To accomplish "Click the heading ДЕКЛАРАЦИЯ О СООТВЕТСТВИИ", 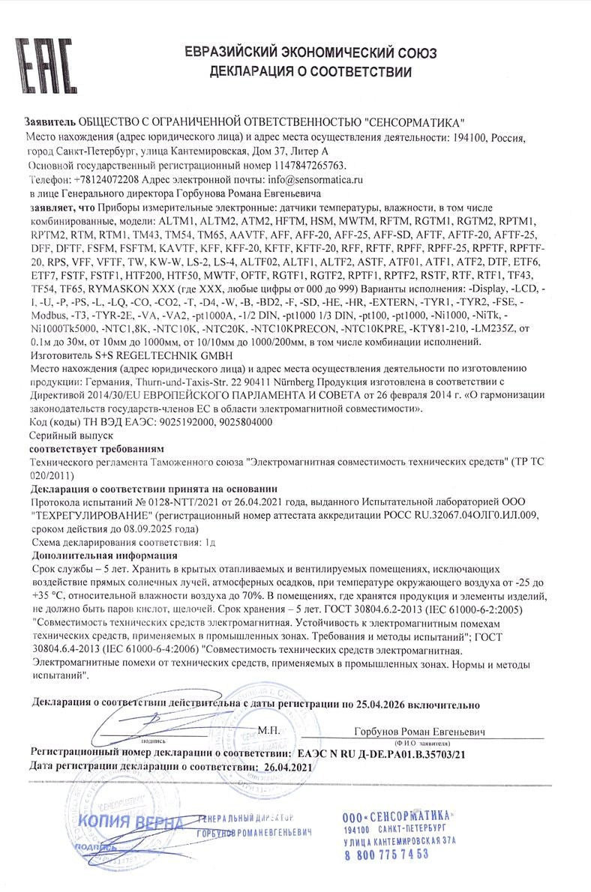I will (310, 72).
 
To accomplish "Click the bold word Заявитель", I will (49, 121).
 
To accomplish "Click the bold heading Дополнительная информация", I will (104, 555).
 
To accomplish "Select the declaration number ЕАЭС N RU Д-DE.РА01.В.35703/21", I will (381, 753).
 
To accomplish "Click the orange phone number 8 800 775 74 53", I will (386, 854).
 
